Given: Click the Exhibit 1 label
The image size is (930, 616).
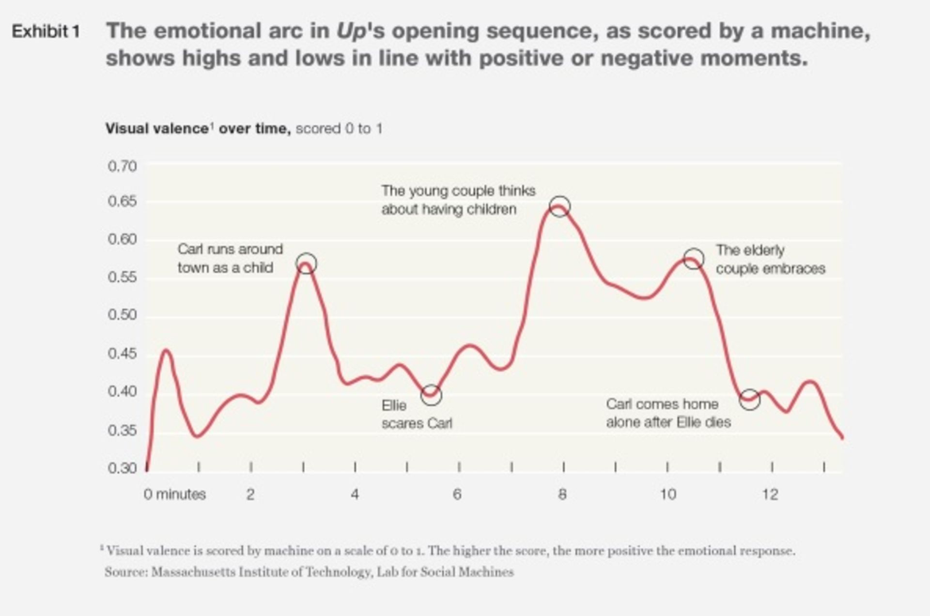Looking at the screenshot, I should pos(46,32).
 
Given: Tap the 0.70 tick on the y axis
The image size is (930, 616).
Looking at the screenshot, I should pos(122,166).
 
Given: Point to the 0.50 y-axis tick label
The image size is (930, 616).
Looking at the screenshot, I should pos(122,315).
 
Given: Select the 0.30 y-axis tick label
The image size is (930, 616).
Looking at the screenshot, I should pos(122,468).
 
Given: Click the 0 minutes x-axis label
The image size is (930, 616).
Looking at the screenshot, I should pos(174,494).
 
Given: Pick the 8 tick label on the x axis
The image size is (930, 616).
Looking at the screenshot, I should pos(562,494).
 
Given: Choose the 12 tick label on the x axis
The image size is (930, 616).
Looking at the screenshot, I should pos(770,494).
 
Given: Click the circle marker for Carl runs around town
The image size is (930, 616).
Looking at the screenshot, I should pos(306,263).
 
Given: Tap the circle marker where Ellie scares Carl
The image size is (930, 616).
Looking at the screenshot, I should pos(431,395).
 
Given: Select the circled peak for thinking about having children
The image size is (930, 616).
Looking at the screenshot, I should pos(560,207).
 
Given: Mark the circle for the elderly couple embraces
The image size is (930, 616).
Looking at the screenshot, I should pos(694,259).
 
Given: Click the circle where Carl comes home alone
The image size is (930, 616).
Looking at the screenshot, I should pos(749,400).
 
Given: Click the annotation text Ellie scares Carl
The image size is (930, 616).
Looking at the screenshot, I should pos(417,415).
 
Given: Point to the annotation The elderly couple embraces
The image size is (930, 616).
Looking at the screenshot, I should pos(770,260).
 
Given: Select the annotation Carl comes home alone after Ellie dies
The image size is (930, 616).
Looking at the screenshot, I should pos(668,413).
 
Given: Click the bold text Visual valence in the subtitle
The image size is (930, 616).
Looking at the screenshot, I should pos(157,129).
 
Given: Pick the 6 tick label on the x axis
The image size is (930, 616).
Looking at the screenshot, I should pos(457,494).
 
